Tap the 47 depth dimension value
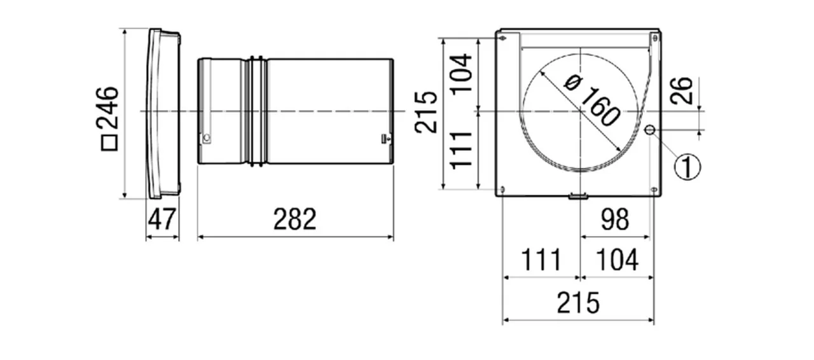162,220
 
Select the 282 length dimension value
295,220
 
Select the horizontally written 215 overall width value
578,303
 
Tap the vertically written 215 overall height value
427,112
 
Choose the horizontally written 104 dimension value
616,260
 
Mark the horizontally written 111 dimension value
541,260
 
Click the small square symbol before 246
109,143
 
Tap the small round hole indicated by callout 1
649,130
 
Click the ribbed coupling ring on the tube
258,112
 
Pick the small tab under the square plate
578,197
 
